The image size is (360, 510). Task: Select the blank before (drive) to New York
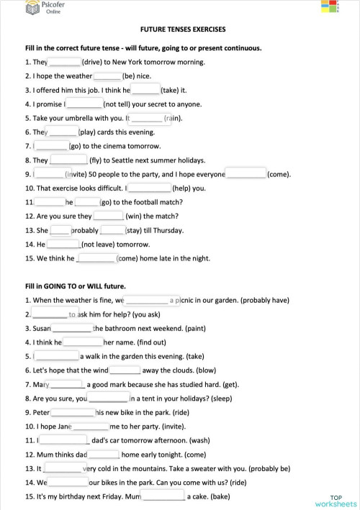click(x=65, y=62)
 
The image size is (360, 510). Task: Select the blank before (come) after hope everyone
click(x=246, y=173)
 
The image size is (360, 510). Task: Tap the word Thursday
click(x=167, y=230)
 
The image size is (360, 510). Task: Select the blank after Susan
click(x=72, y=328)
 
